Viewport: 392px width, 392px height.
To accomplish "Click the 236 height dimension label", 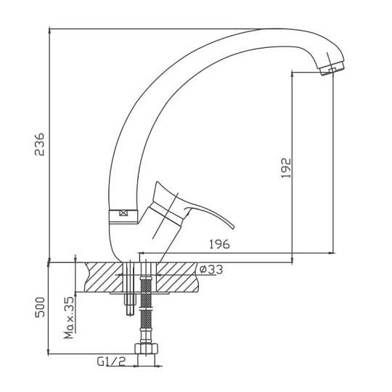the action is coord(39,144).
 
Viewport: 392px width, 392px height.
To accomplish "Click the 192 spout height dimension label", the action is coord(286,168).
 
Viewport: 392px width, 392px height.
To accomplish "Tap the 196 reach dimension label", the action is coord(219,244).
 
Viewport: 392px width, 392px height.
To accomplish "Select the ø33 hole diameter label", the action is coord(211,270).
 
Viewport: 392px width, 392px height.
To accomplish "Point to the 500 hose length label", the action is coord(40,307).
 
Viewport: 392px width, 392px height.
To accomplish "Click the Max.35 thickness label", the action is coord(69,317).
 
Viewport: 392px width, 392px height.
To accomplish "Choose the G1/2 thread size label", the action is coord(111,362).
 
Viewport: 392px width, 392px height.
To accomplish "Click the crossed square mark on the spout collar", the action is coord(123,213).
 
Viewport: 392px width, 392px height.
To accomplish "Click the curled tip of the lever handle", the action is coord(232,226).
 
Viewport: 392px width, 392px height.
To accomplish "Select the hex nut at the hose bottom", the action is coord(146,348).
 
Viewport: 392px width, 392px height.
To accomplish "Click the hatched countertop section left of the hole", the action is coord(104,277).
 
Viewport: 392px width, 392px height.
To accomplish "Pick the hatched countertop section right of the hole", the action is coord(176,277).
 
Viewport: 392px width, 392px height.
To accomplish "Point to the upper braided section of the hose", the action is coord(146,293).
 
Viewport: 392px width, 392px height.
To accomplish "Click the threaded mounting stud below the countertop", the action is coord(130,303).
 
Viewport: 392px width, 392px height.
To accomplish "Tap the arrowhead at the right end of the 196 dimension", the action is coord(332,253).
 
